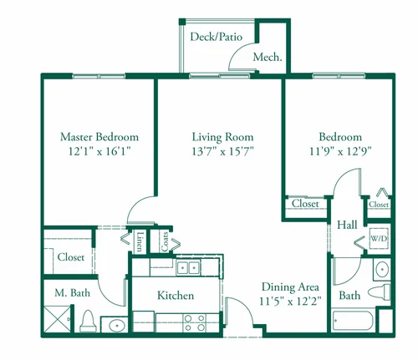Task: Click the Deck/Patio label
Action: click(216, 37)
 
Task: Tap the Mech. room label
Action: click(268, 57)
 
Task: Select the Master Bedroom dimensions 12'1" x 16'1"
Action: click(99, 151)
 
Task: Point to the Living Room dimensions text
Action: click(222, 151)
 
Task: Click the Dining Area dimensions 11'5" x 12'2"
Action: click(290, 301)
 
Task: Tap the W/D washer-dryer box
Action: click(379, 238)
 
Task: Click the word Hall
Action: click(347, 225)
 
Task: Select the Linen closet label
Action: click(140, 241)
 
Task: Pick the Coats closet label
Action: click(165, 241)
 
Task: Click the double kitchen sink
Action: click(188, 268)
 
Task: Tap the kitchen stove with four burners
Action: click(195, 323)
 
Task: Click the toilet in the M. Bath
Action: click(88, 322)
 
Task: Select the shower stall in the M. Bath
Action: click(57, 319)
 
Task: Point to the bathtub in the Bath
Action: click(353, 321)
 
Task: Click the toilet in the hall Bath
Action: click(380, 292)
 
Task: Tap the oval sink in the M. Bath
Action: click(117, 325)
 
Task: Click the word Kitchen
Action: click(176, 295)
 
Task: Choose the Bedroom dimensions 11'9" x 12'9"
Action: click(340, 151)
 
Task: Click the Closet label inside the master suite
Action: click(71, 256)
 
